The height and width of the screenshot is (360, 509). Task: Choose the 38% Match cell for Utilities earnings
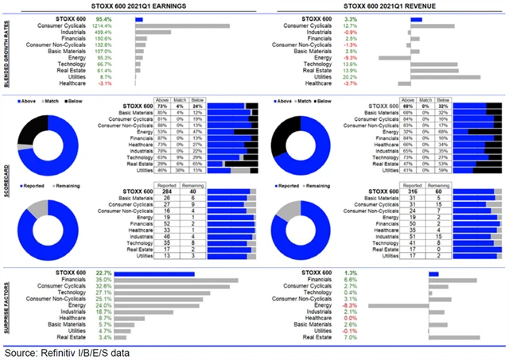181,170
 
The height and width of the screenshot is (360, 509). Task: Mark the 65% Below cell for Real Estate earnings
196,163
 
